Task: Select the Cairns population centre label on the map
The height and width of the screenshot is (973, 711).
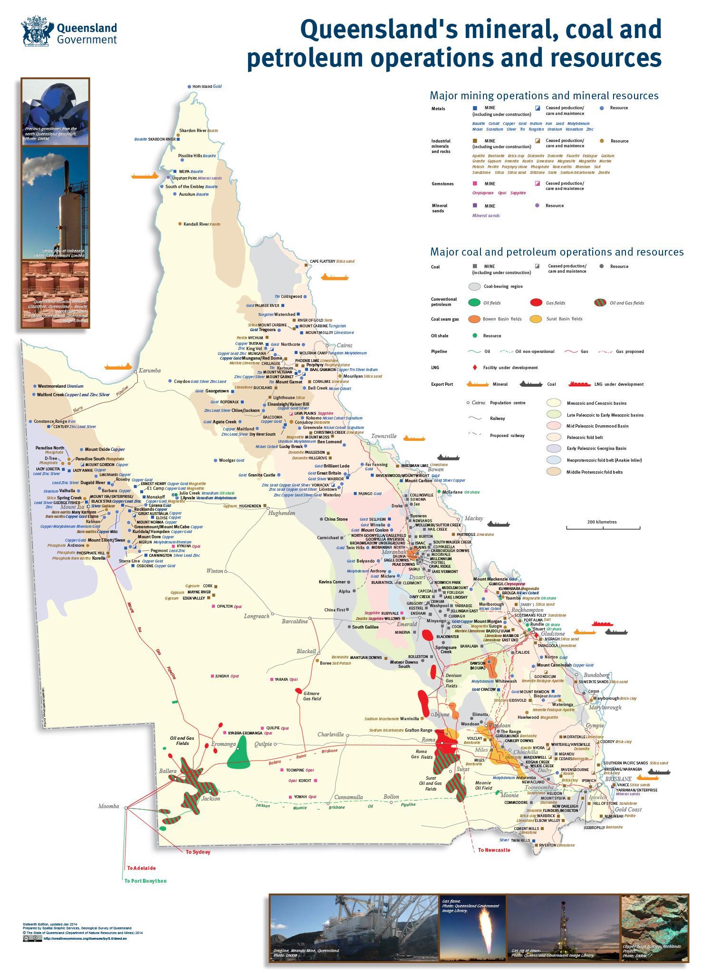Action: (x=345, y=345)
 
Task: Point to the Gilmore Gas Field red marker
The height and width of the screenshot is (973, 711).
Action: (x=298, y=690)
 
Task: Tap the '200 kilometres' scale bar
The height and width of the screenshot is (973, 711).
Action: (x=602, y=525)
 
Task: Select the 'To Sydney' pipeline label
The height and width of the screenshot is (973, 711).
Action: (x=198, y=852)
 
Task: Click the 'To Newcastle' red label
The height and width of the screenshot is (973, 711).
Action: (x=494, y=850)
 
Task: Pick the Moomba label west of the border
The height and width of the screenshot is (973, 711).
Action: (x=109, y=806)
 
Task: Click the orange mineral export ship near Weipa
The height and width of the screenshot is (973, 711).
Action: (x=144, y=175)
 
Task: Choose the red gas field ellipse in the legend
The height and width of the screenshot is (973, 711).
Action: (x=536, y=303)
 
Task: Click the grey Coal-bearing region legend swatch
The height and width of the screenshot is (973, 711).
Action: (x=474, y=286)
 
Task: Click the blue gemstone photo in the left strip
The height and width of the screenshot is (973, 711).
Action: (x=55, y=112)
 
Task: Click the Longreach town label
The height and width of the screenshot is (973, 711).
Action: (x=257, y=616)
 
